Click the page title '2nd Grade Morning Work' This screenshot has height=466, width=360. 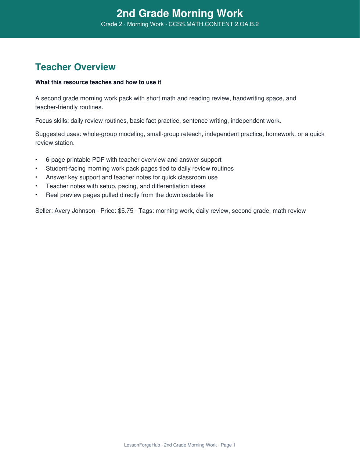(180, 13)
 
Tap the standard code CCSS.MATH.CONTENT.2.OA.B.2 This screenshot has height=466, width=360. (213, 24)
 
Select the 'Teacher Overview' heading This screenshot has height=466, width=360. (75, 67)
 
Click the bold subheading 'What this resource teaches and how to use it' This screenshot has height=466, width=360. (98, 82)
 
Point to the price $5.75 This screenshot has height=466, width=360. (126, 211)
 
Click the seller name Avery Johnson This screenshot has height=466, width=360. (75, 211)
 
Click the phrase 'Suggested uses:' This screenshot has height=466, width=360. (58, 134)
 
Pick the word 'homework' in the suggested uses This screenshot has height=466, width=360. (280, 134)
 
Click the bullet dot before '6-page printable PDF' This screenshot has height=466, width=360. (36, 160)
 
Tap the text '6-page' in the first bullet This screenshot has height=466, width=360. (55, 160)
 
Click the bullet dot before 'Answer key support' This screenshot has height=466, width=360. (36, 178)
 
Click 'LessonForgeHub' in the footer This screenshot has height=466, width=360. (142, 445)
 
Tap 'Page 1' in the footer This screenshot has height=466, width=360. (228, 445)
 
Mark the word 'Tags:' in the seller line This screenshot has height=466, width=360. (146, 211)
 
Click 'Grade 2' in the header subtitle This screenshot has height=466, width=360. (112, 24)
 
